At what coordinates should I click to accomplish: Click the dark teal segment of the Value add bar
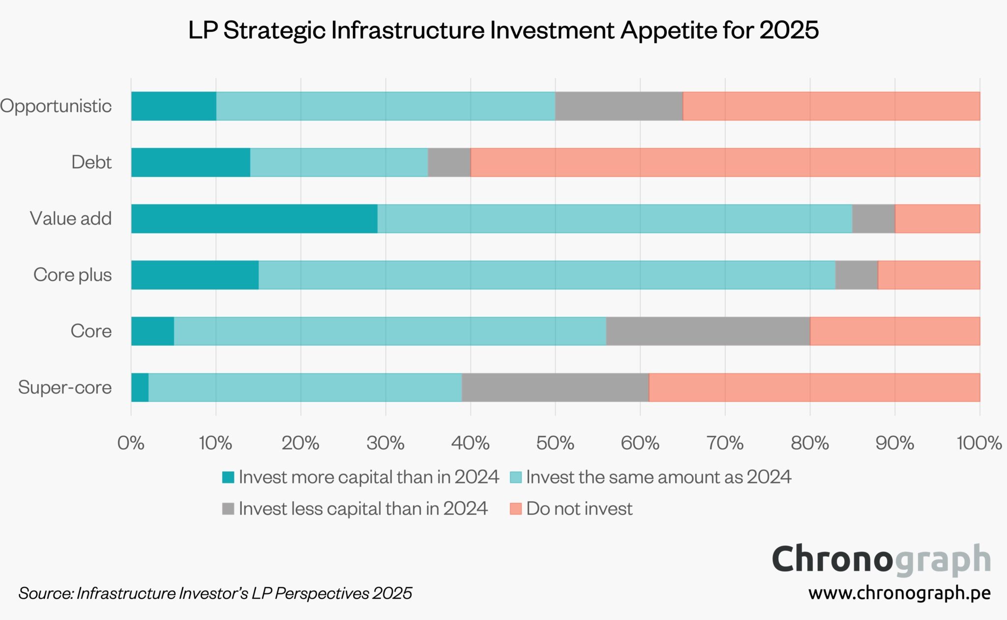pos(254,219)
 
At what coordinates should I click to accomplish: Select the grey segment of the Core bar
pos(708,331)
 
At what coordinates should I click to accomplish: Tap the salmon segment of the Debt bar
pos(725,162)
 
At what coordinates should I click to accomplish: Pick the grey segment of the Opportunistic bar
pos(619,106)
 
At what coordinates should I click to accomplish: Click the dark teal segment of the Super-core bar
pos(140,388)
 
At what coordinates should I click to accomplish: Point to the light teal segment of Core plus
pos(547,275)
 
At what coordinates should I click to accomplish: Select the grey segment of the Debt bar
pos(449,162)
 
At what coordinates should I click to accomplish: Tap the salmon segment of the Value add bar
pos(937,219)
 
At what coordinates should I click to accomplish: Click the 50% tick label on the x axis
pos(555,443)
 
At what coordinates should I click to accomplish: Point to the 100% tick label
pos(978,443)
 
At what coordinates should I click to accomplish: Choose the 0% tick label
pos(131,443)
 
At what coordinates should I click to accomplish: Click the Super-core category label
pos(65,388)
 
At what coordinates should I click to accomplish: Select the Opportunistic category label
pos(56,106)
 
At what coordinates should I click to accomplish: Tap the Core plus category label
pos(72,275)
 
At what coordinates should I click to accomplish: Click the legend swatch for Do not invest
pos(515,508)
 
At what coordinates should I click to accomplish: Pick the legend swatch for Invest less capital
pos(228,508)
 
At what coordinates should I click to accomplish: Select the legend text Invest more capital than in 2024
pos(369,477)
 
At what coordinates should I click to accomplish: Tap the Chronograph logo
pos(881,560)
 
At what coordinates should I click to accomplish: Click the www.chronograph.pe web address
pos(899,593)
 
